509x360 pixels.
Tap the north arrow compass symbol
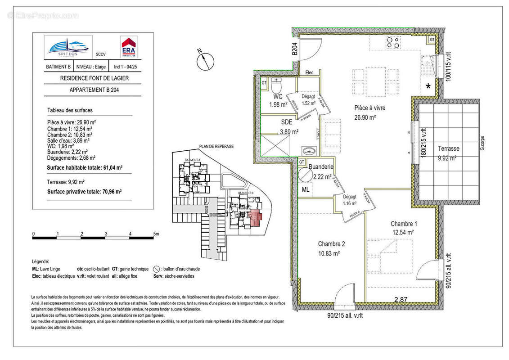point(205,59)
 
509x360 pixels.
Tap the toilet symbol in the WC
point(278,85)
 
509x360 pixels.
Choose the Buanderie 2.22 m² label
point(320,171)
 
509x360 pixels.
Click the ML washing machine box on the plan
point(306,190)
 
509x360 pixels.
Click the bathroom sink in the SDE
point(308,151)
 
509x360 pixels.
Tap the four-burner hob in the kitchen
point(392,43)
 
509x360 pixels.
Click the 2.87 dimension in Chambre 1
point(401,300)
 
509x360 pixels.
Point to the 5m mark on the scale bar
point(155,234)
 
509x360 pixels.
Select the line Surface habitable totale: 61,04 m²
point(85,167)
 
